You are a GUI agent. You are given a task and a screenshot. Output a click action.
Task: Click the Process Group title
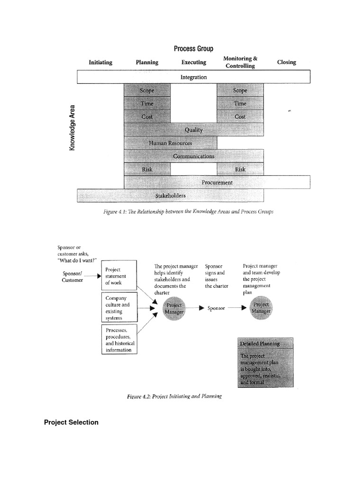pos(193,49)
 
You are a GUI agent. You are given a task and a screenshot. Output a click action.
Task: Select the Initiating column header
pos(100,62)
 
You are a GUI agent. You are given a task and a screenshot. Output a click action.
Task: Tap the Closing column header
pos(286,62)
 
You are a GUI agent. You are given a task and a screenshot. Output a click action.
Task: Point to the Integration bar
pos(193,77)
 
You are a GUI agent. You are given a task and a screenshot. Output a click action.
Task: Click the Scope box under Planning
pos(147,90)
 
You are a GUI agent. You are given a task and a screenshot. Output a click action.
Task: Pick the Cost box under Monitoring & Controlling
pos(240,117)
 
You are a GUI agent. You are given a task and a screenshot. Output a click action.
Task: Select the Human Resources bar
pos(170,143)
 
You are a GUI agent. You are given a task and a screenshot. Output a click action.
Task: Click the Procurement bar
pos(217,182)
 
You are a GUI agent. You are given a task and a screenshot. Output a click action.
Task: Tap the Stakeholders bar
pos(170,195)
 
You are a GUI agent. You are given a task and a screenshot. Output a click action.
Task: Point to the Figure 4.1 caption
pos(188,212)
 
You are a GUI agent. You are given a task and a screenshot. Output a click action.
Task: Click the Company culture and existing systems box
pos(118,308)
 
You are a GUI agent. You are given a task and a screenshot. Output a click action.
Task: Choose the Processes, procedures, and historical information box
pos(118,339)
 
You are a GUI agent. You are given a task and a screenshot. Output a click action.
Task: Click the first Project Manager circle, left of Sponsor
pos(174,308)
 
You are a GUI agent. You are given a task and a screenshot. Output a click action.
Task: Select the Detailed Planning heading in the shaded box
pos(260,343)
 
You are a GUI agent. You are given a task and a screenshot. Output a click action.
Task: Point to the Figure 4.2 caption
pos(174,396)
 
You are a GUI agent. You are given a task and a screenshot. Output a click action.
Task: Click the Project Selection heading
pos(71,422)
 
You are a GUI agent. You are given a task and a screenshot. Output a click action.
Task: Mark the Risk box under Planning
pos(147,169)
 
